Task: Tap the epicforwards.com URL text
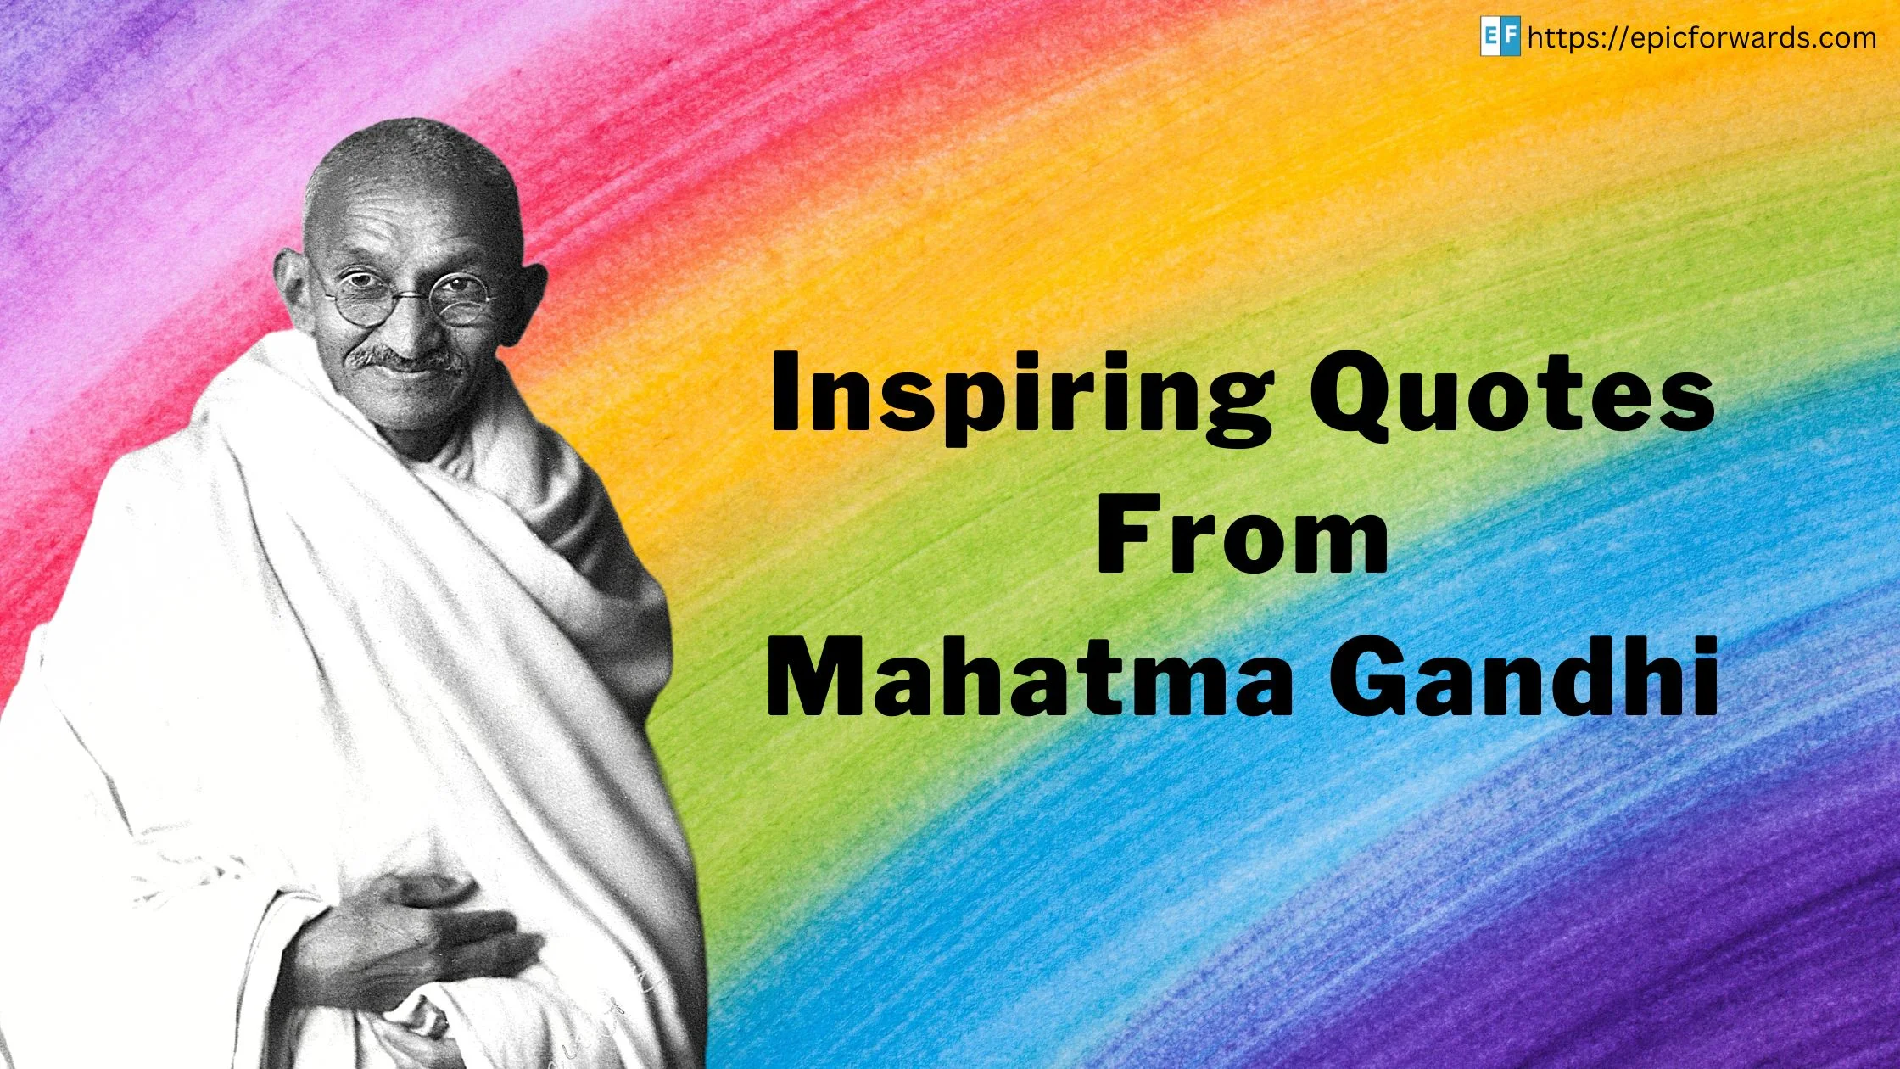coord(1702,38)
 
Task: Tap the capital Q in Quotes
coord(1362,399)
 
